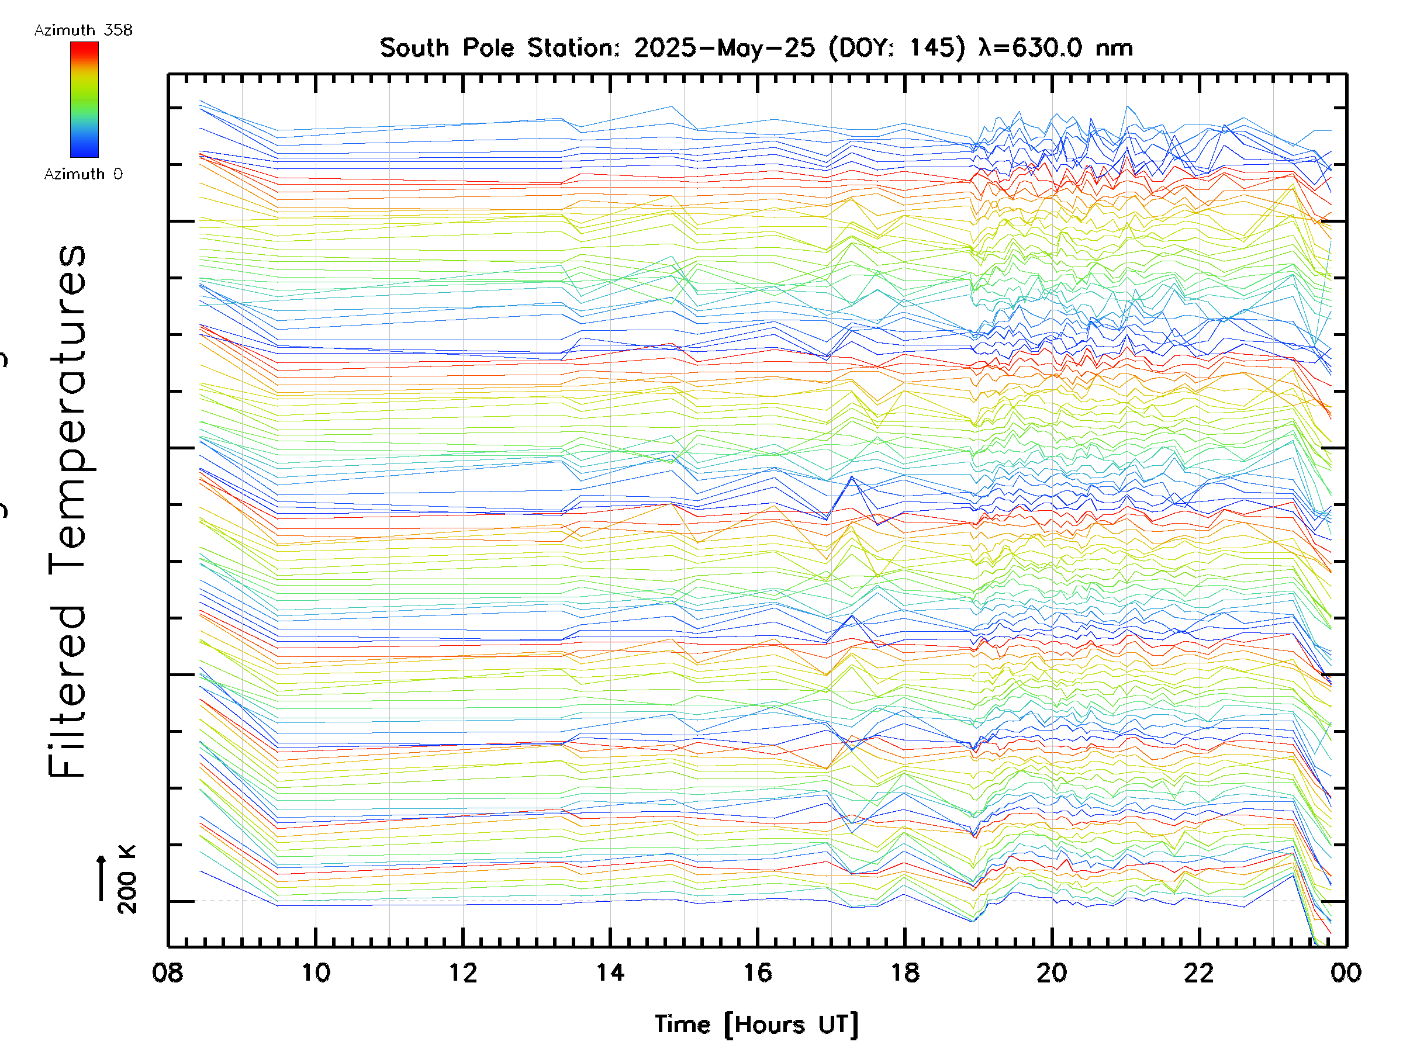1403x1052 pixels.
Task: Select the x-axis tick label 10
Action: coord(315,972)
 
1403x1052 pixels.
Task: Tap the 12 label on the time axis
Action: coord(463,972)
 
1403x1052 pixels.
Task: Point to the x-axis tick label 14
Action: coord(610,972)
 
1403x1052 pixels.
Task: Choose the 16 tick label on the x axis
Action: coord(757,972)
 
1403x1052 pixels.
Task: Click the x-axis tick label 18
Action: coord(904,972)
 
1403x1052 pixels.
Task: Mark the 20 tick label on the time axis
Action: coord(1052,972)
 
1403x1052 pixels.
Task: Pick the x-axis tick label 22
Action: coord(1199,972)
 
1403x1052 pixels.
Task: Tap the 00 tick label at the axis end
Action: coord(1346,972)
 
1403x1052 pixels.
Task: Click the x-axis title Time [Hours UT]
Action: coord(756,1025)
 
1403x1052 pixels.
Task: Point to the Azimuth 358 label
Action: coord(83,30)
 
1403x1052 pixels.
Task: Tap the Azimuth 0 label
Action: coord(83,174)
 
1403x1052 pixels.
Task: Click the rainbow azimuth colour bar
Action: coord(84,99)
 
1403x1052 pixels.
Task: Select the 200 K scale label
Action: coord(127,880)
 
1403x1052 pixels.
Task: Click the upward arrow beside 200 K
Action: coord(102,878)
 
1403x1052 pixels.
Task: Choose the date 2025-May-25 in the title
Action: coord(724,48)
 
